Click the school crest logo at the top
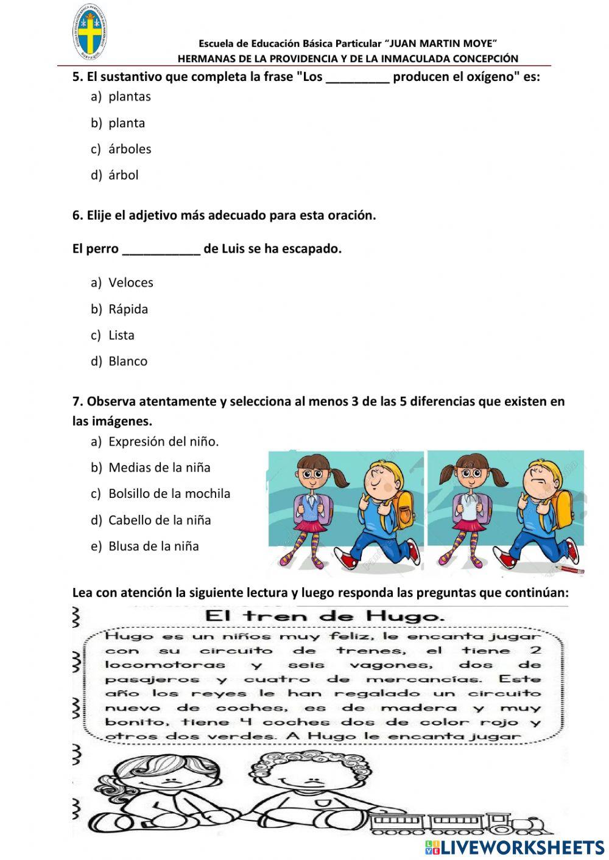pos(90,33)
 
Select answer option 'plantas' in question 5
pos(129,97)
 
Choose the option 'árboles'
pos(129,149)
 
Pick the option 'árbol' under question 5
pos(123,175)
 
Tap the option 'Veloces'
pos(130,283)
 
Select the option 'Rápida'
pos(128,309)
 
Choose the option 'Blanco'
pos(127,362)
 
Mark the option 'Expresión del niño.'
pos(163,442)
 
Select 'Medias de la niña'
pos(159,468)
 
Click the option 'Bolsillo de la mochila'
pos(169,494)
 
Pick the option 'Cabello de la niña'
pos(159,520)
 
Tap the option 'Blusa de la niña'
pos(153,547)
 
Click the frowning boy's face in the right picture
pos(541,478)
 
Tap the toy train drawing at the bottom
pos(463,823)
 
